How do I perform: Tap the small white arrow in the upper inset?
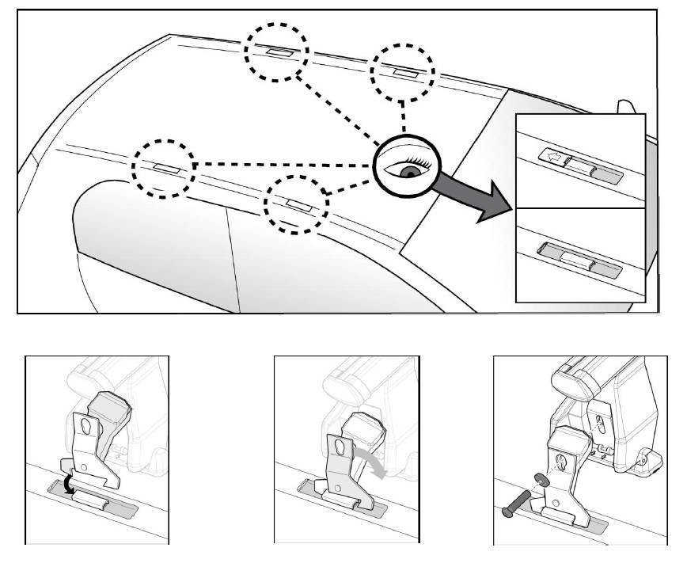pos(552,157)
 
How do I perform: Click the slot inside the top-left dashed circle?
pos(280,52)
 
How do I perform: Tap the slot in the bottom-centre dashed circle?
pos(298,204)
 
